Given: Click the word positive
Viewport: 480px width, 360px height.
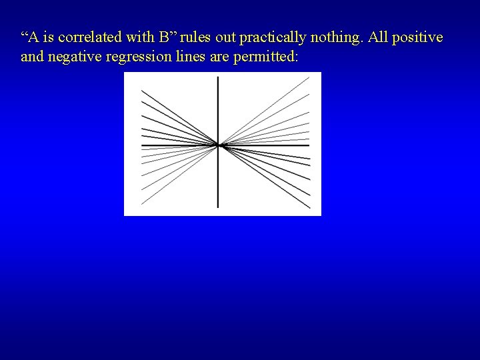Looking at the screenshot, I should tap(418, 38).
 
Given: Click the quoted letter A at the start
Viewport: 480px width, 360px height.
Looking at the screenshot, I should tap(31, 38).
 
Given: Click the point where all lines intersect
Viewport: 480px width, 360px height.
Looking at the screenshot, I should tap(218, 145).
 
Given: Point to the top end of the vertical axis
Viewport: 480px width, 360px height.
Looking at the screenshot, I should tap(218, 77).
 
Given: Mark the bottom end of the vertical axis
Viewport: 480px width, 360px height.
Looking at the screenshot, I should tap(218, 207).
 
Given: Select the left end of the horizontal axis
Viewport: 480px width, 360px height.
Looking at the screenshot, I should tap(141, 145).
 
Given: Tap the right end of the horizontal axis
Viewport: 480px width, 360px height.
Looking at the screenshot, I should tap(309, 145).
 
